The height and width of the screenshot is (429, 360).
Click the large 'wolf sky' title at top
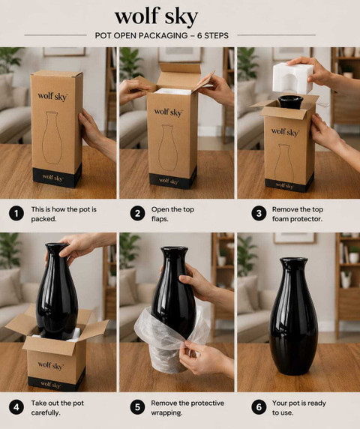click(x=156, y=16)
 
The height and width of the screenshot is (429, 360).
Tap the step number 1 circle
click(x=16, y=214)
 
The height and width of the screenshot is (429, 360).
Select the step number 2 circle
click(x=137, y=214)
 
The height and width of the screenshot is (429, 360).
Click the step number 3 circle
click(x=259, y=214)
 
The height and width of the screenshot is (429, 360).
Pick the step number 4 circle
click(x=16, y=407)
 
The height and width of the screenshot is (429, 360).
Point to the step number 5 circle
click(x=137, y=407)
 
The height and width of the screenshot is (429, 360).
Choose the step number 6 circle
click(x=259, y=407)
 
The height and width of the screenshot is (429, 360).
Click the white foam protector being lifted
click(x=292, y=78)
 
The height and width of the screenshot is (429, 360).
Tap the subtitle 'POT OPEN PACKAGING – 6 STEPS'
click(x=162, y=35)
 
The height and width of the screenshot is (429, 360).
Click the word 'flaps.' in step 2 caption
click(x=160, y=219)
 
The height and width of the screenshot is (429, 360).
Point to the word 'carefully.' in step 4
click(x=46, y=412)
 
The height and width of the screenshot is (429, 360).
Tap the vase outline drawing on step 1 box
click(x=52, y=137)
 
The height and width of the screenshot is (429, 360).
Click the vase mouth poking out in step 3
click(x=290, y=102)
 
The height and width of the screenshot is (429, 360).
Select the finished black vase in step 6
click(x=294, y=316)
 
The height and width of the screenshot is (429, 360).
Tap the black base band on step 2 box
click(x=173, y=180)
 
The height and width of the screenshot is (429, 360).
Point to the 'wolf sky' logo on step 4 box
click(x=50, y=365)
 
